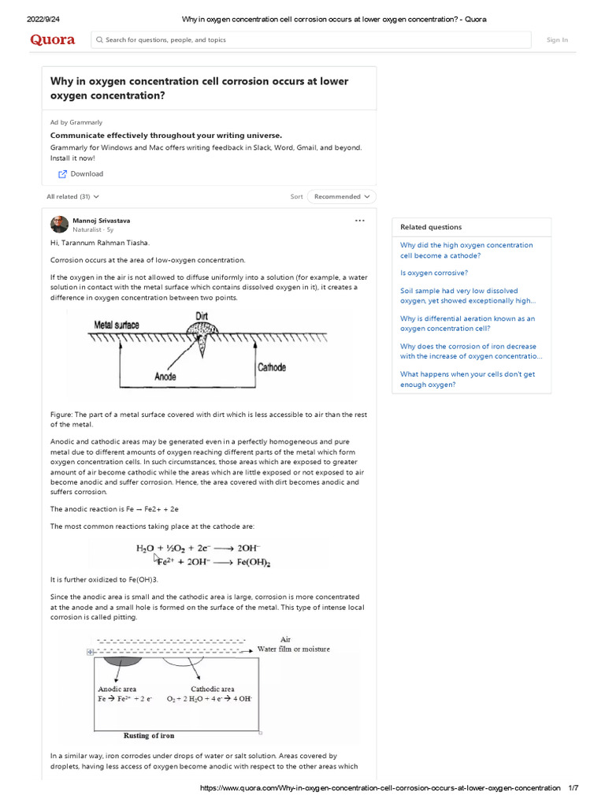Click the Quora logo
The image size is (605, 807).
point(53,39)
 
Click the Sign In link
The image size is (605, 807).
point(557,40)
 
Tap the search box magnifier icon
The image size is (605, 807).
point(99,39)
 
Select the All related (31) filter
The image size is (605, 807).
point(72,196)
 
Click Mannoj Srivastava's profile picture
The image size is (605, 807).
point(59,224)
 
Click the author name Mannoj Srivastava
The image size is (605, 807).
point(102,221)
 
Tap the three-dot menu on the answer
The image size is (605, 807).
point(360,221)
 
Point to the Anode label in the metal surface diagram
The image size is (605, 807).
point(165,377)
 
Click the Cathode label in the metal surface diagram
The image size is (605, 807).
point(272,367)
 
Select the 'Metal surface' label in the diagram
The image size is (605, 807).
point(117,325)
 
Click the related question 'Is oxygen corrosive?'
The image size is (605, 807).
point(433,273)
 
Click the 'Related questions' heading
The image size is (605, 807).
point(431,227)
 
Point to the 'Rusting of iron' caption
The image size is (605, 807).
point(149,735)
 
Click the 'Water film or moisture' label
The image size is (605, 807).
point(294,649)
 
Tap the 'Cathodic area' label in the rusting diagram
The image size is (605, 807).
point(212,689)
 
